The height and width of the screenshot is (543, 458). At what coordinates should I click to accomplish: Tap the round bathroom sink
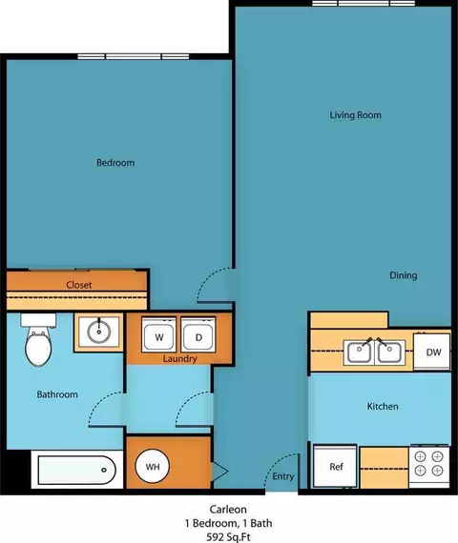99,332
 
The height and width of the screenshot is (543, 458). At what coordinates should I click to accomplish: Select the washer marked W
158,335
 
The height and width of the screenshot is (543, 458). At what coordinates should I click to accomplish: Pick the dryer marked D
198,335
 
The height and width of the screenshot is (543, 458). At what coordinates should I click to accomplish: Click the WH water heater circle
153,467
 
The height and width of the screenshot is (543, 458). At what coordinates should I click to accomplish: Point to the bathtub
76,470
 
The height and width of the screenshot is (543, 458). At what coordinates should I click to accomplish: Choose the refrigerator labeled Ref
335,466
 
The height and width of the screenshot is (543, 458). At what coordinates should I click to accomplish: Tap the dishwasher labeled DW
432,352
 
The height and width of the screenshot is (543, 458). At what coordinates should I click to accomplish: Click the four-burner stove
429,466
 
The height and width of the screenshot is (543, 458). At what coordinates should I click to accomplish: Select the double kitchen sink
374,352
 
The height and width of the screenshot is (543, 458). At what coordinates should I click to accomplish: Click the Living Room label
355,115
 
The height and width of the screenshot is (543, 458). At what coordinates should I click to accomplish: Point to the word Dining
404,275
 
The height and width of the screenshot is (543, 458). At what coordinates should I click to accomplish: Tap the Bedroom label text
115,162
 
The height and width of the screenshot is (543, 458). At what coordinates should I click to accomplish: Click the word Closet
79,285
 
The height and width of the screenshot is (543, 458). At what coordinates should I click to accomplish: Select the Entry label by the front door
282,476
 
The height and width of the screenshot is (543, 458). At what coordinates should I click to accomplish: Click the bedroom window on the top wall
134,56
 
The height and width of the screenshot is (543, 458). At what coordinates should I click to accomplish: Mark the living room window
364,3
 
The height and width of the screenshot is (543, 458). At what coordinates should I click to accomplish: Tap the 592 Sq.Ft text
228,537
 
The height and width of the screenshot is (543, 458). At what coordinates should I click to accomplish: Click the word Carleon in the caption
228,510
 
